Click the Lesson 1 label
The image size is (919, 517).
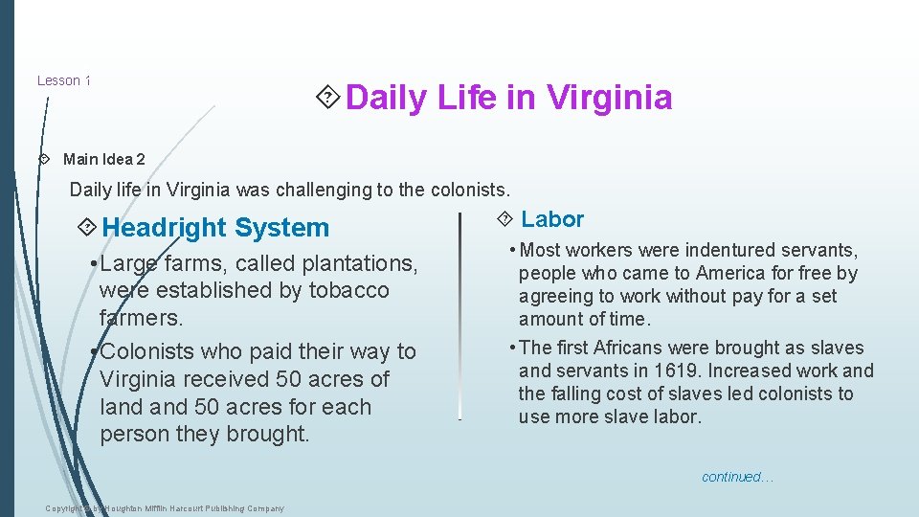click(x=63, y=80)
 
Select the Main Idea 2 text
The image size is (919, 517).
click(x=103, y=159)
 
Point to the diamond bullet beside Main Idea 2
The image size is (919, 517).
click(x=43, y=159)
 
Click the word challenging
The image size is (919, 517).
click(x=308, y=190)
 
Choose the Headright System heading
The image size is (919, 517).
click(x=214, y=228)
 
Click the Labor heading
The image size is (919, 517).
click(x=551, y=219)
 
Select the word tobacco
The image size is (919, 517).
click(x=349, y=290)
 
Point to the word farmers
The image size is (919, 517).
click(x=140, y=317)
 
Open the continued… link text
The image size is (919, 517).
click(x=737, y=477)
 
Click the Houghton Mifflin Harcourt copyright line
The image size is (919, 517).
click(x=165, y=508)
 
